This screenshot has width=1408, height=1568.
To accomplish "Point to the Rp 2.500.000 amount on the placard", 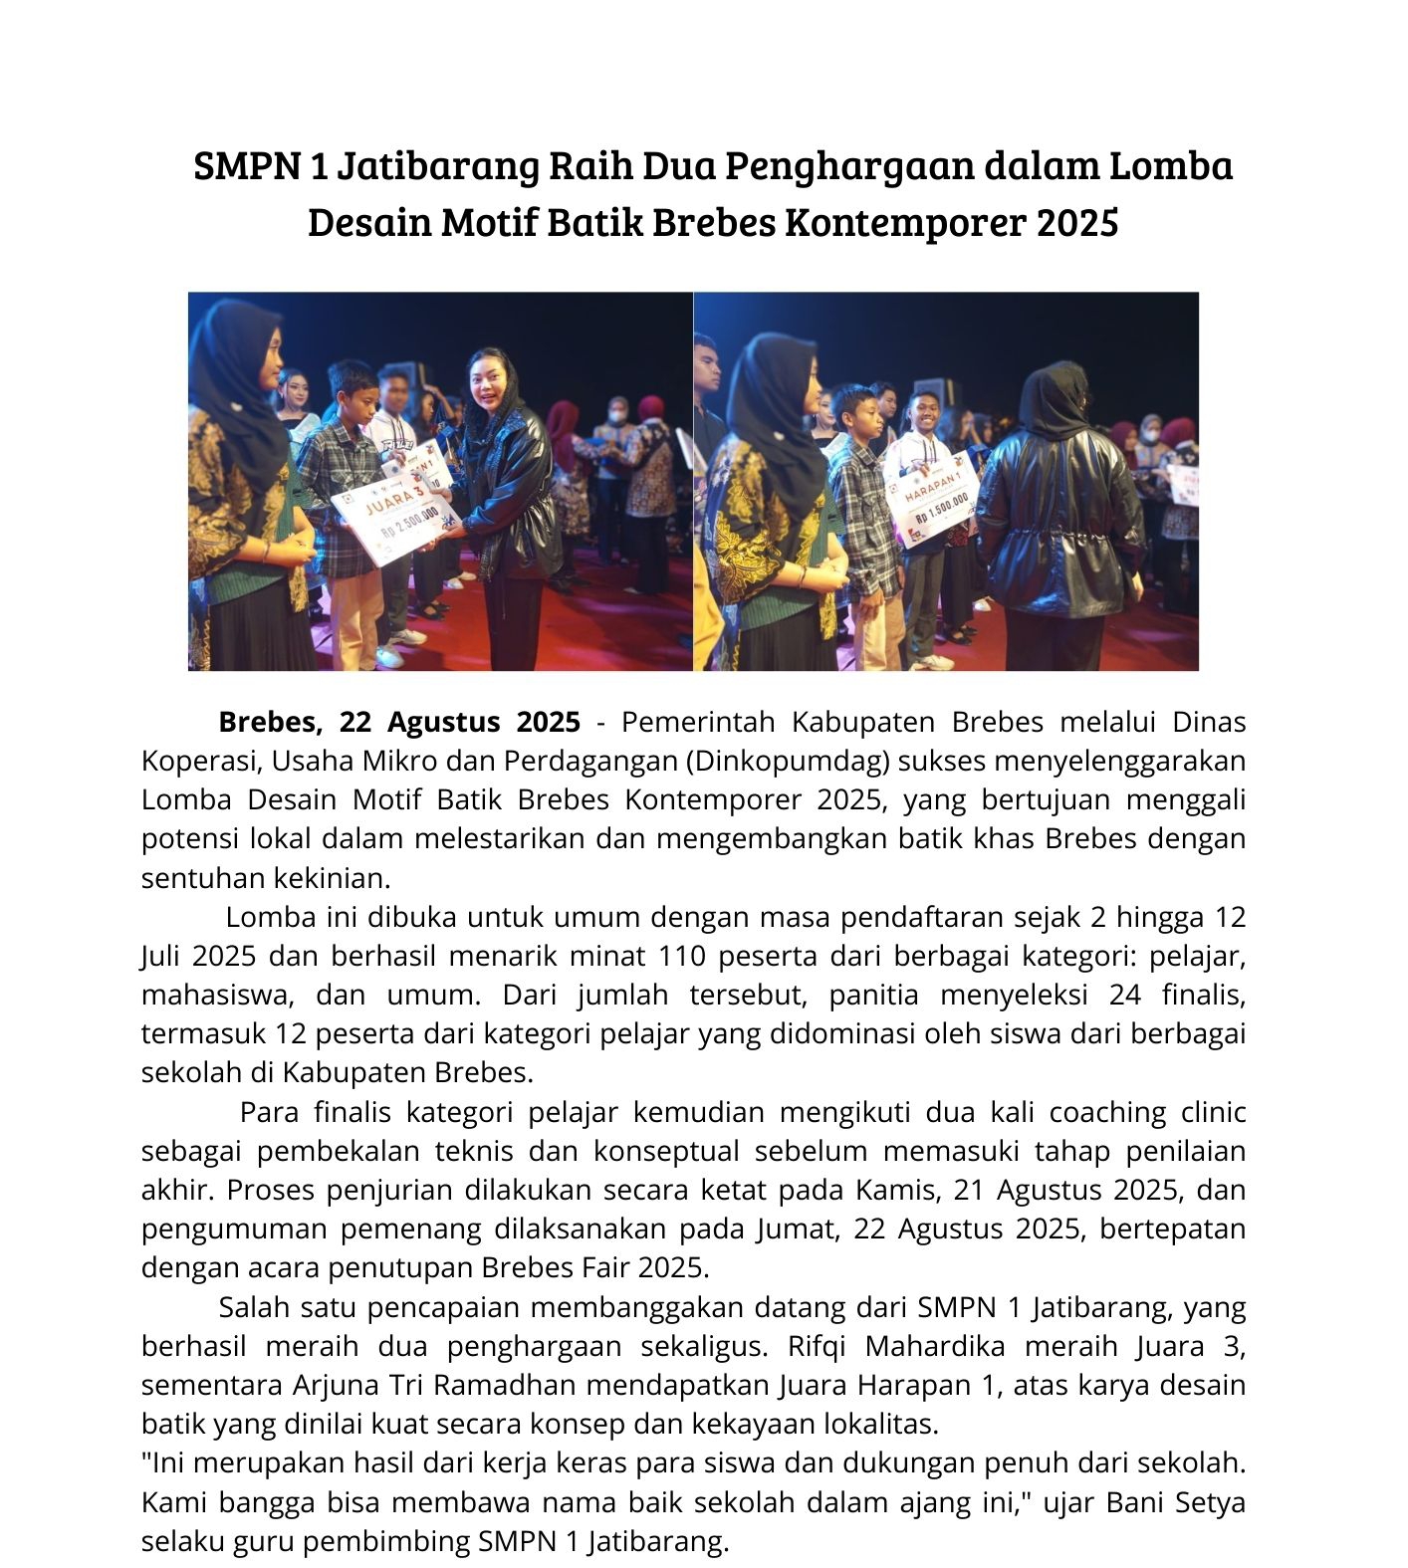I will click(409, 525).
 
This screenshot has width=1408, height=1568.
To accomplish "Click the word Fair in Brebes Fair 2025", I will click(604, 1267).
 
